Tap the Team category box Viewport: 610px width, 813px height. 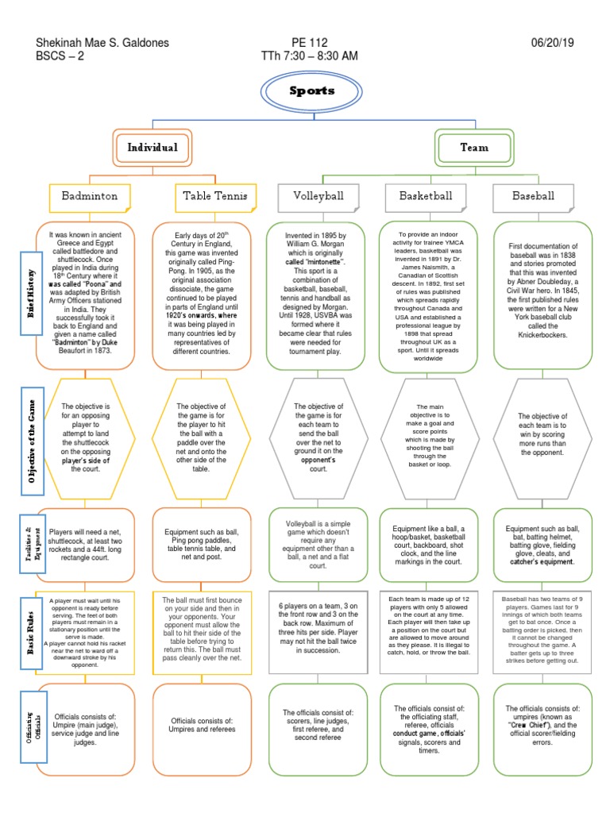(x=474, y=148)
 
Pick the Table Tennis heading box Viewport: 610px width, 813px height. (x=206, y=195)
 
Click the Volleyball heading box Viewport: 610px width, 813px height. (x=317, y=195)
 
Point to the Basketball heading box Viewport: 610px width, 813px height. (x=426, y=195)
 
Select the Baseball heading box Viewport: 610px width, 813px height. (x=533, y=195)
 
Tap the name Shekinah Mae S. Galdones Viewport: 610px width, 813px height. (x=102, y=42)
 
